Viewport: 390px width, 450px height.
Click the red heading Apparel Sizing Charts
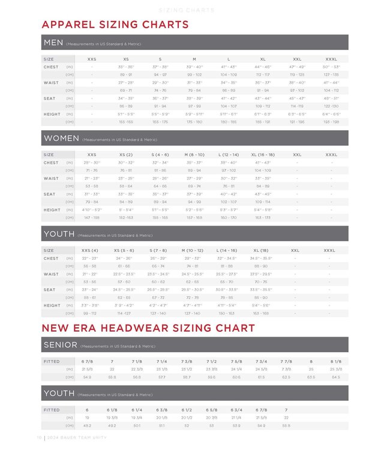pyautogui.click(x=115, y=25)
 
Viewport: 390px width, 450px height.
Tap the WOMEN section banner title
pyautogui.click(x=61, y=138)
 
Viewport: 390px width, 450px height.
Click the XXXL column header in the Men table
pyautogui.click(x=331, y=59)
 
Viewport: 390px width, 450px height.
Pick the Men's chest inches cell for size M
pyautogui.click(x=194, y=67)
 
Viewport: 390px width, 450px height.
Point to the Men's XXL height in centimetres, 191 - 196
pyautogui.click(x=297, y=122)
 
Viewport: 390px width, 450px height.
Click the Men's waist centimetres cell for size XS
pyautogui.click(x=126, y=91)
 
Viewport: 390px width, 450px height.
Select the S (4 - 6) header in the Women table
pyautogui.click(x=160, y=155)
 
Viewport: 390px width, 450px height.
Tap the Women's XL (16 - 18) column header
pyautogui.click(x=263, y=155)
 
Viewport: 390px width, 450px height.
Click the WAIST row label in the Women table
pyautogui.click(x=51, y=178)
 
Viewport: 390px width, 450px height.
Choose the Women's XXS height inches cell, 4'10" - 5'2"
pyautogui.click(x=92, y=210)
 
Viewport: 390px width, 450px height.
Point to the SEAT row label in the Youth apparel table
pyautogui.click(x=49, y=290)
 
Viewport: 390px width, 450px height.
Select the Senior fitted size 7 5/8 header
pyautogui.click(x=236, y=362)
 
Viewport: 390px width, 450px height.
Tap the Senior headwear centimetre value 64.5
pyautogui.click(x=336, y=377)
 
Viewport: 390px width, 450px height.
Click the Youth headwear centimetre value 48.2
pyautogui.click(x=87, y=425)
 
